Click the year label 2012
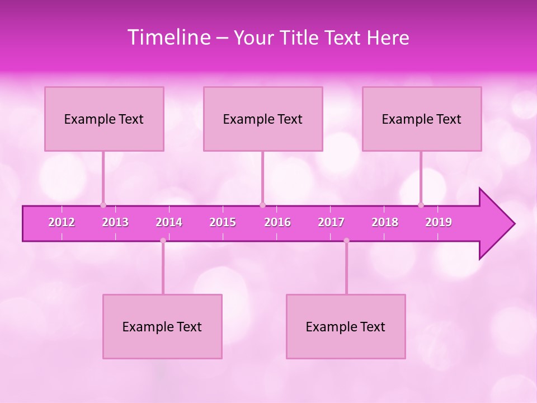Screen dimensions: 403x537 [x=62, y=222]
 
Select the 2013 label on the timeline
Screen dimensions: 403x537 [x=115, y=222]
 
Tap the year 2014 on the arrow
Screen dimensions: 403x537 [x=169, y=222]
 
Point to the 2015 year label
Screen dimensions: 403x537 [x=223, y=222]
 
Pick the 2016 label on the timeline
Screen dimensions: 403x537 [x=277, y=222]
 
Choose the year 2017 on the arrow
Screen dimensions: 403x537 [x=331, y=222]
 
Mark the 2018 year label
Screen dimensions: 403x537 [x=385, y=222]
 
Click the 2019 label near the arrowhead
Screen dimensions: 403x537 [x=439, y=222]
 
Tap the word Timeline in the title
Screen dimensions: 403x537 [x=169, y=38]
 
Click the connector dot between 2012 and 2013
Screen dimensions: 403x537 [x=103, y=205]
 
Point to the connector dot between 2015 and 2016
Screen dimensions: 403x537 [x=262, y=205]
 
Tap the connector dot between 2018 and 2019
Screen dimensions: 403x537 [x=421, y=205]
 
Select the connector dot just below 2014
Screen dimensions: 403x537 [x=163, y=241]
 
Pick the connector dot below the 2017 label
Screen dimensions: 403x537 [x=346, y=241]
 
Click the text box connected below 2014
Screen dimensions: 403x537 [x=162, y=326]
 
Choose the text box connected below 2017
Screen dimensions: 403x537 [x=346, y=326]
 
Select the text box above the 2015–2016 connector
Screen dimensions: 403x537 [x=263, y=119]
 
